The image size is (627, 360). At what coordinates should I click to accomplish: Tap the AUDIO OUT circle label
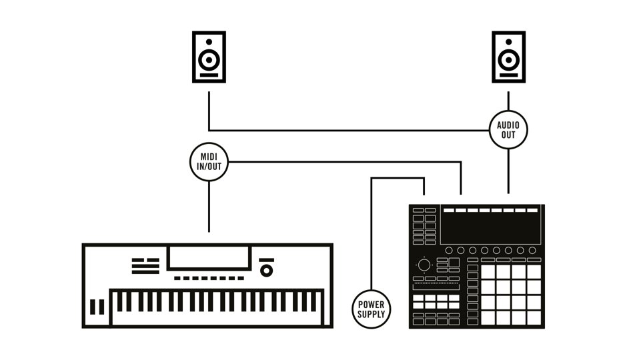coord(509,129)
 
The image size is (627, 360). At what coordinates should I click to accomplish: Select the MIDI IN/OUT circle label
coord(209,161)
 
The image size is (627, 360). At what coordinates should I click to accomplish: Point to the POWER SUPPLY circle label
coord(372,309)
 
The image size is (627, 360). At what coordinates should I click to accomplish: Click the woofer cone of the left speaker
coord(209,61)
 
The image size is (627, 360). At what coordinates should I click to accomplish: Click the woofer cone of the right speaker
coord(509,61)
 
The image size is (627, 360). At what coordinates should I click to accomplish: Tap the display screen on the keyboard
coord(209,257)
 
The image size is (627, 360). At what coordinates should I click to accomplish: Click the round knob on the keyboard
coord(267,270)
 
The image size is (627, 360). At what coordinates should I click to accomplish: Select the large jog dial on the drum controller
coord(424,265)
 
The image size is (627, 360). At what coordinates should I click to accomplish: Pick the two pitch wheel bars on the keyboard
coord(97,307)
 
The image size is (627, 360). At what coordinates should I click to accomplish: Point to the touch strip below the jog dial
coord(436,287)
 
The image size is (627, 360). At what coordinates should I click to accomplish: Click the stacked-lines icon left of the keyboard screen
coord(145,266)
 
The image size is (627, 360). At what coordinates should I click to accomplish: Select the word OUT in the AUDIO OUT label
coord(509,135)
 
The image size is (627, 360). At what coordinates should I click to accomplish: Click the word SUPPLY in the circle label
coord(372,313)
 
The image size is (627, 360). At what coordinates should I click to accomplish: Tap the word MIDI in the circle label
coord(209,157)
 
